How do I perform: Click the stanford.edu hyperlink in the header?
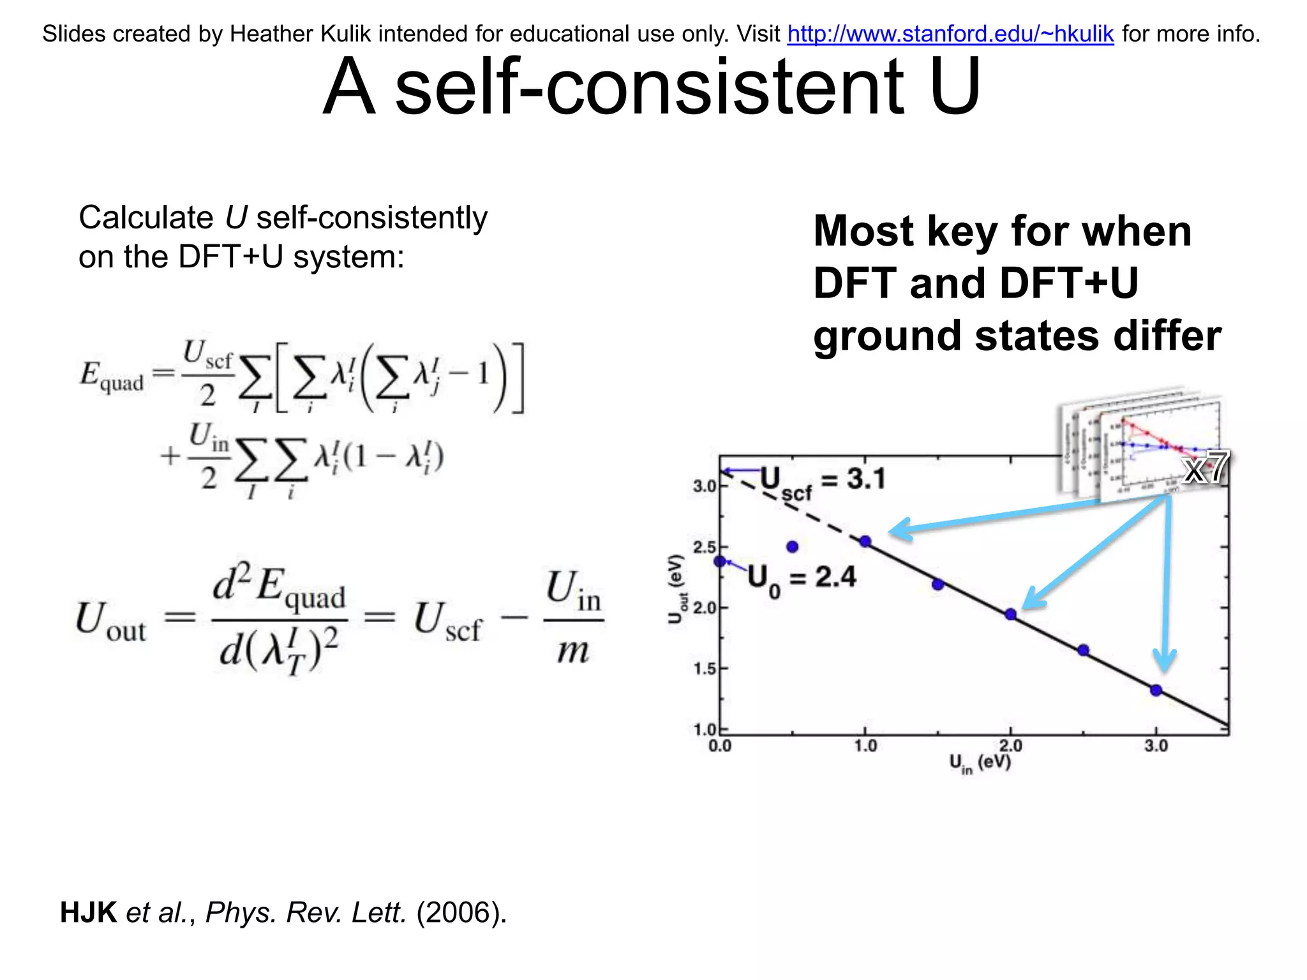(x=950, y=34)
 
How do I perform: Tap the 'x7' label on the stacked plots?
(x=1205, y=468)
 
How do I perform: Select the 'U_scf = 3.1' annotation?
(x=823, y=481)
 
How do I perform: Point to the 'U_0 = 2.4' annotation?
(x=802, y=579)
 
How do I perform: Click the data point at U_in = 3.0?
(x=1156, y=690)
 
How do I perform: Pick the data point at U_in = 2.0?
(x=1010, y=614)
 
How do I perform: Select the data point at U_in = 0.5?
(x=793, y=547)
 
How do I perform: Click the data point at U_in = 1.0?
(x=865, y=542)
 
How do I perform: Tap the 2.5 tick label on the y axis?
(x=705, y=547)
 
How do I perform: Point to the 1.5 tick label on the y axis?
(x=705, y=669)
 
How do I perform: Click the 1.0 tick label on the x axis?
(x=865, y=746)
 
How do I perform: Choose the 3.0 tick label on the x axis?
(x=1156, y=746)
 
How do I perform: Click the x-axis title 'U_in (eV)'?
(x=980, y=763)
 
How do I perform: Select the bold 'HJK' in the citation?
(x=88, y=912)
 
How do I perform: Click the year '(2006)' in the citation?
(x=461, y=912)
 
